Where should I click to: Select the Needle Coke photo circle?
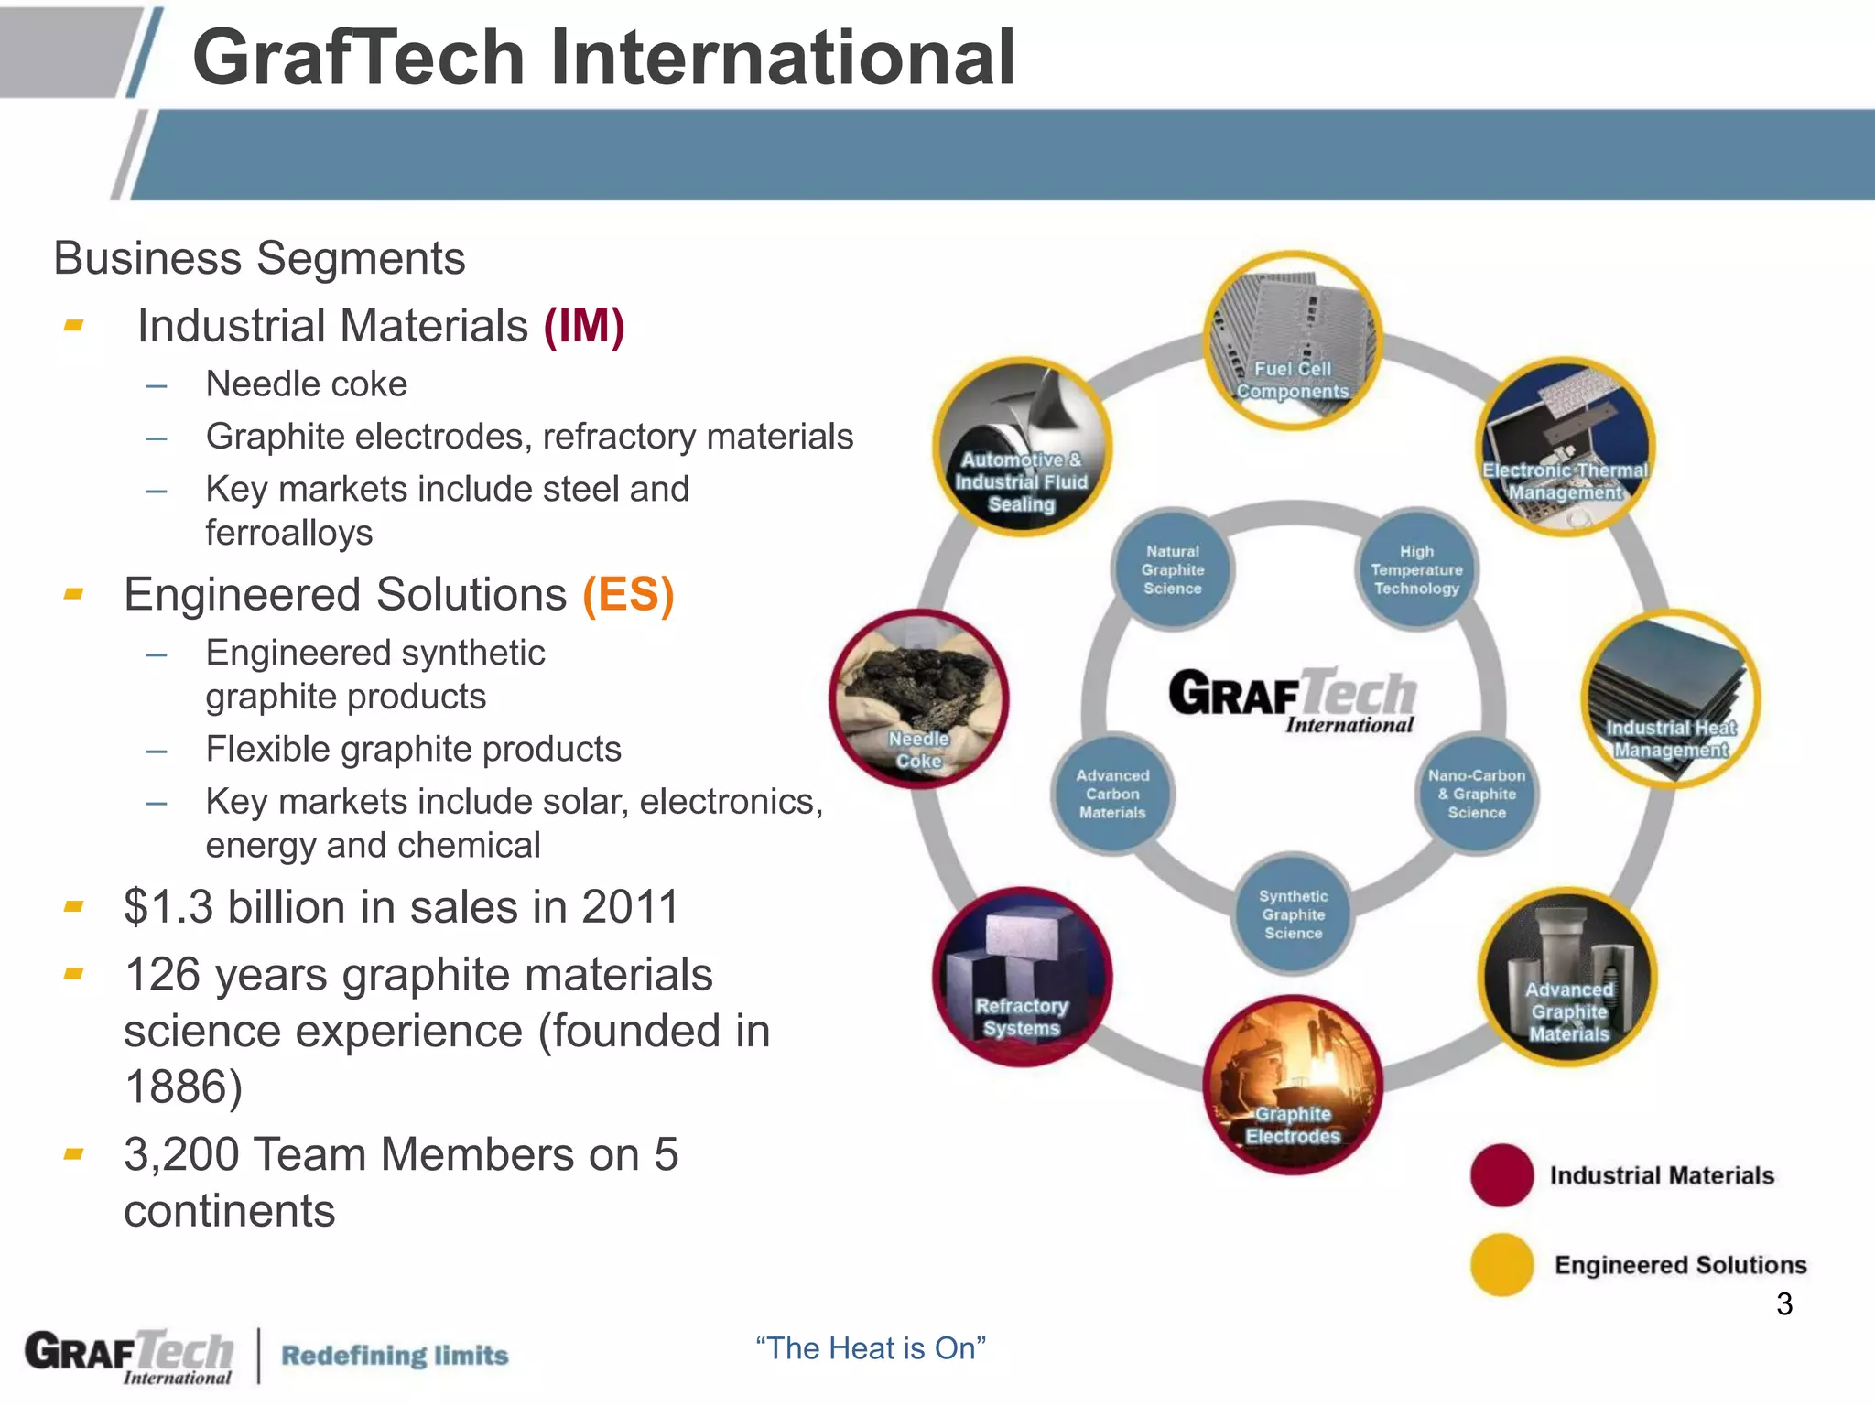point(918,698)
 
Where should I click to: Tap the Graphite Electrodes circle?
point(1292,1084)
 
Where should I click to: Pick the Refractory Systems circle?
point(1022,977)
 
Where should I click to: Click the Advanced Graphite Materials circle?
point(1567,977)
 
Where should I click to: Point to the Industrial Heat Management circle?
point(1670,698)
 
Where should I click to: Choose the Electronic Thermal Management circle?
point(1566,446)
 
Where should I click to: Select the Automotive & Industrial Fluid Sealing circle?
point(1022,448)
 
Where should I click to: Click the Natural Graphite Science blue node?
point(1173,569)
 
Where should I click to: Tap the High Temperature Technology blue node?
point(1416,569)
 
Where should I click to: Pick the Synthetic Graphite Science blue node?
point(1293,914)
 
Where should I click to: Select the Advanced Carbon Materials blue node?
point(1112,794)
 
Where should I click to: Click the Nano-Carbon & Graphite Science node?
point(1476,794)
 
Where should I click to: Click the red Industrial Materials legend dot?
point(1501,1175)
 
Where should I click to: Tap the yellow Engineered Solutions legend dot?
point(1501,1264)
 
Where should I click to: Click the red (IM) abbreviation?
point(584,326)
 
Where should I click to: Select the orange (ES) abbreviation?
point(628,595)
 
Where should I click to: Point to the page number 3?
point(1783,1303)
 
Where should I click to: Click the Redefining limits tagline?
point(395,1355)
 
